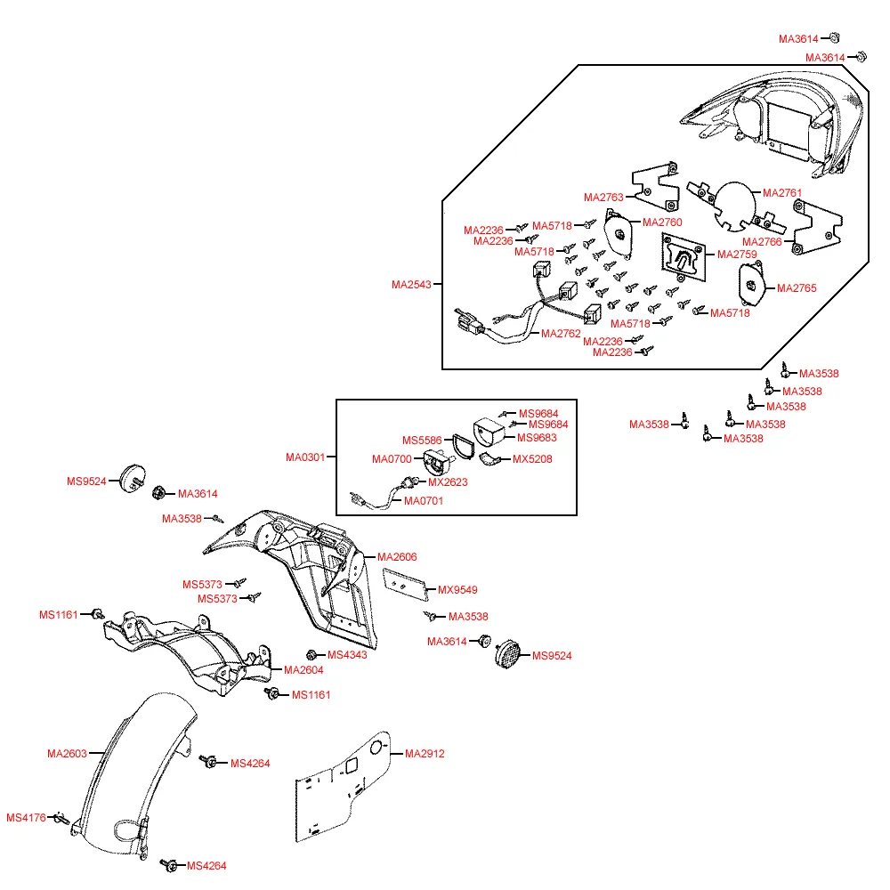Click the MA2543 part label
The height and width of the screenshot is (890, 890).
tap(410, 285)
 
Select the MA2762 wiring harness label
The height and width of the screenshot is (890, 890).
tap(561, 334)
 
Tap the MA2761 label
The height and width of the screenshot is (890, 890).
tap(782, 193)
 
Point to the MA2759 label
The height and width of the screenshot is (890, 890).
tap(737, 255)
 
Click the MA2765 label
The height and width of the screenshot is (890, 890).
tap(797, 288)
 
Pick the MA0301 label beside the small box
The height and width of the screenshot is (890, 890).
tap(304, 457)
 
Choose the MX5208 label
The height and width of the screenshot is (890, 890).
tap(532, 459)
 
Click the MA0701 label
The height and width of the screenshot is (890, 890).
tap(424, 501)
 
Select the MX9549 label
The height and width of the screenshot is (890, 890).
tap(457, 589)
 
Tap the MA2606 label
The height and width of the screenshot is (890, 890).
tap(397, 557)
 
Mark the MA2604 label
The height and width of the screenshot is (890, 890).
tap(304, 670)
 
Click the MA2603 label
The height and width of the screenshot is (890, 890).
tap(67, 754)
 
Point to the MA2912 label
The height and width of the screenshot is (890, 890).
tap(425, 754)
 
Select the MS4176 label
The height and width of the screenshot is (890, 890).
tap(26, 818)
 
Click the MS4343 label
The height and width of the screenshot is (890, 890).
tap(347, 655)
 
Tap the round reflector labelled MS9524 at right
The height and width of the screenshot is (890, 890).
tap(510, 651)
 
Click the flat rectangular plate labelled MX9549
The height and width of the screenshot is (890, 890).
tap(405, 582)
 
